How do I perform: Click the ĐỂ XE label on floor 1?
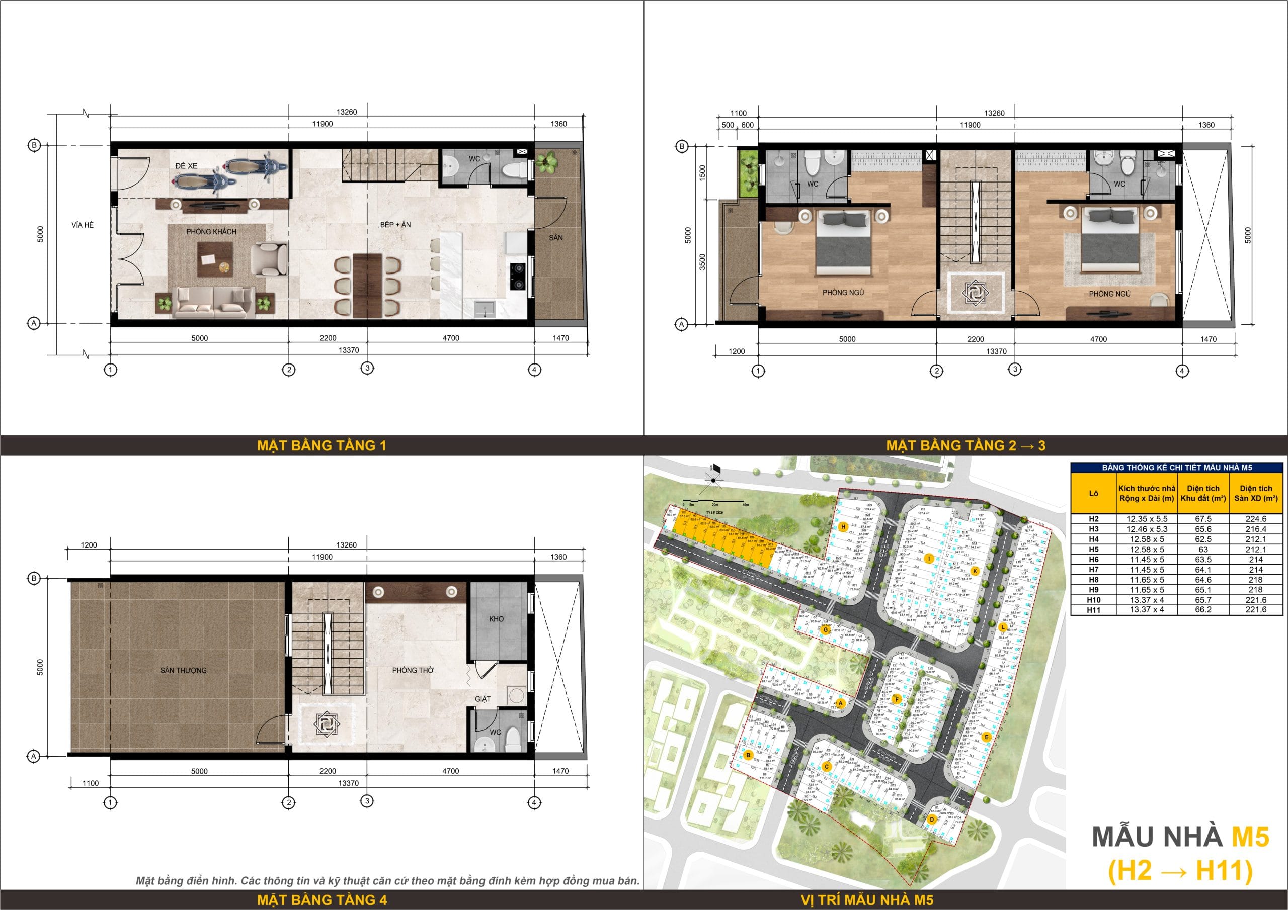pos(186,166)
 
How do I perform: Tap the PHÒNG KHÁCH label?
pos(211,232)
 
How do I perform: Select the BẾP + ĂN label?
pos(395,224)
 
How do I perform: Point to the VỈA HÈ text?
pos(83,225)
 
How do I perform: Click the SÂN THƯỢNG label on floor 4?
pos(184,670)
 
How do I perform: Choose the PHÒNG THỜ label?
pos(413,670)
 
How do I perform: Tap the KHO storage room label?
pos(497,619)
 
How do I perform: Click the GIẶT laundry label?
pos(482,699)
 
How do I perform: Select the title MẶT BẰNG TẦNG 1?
pos(321,446)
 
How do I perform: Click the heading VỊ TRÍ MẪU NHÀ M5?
pos(867,900)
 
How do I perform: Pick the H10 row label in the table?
pos(1093,600)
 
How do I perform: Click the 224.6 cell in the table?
pos(1256,519)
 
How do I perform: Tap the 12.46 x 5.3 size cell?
pos(1147,529)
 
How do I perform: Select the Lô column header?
pos(1093,493)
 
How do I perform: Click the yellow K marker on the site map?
pos(975,571)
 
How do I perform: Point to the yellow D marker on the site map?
pos(932,818)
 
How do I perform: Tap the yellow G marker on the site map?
pos(825,629)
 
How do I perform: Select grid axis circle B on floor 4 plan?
pos(34,579)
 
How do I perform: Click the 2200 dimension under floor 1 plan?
pos(328,338)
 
